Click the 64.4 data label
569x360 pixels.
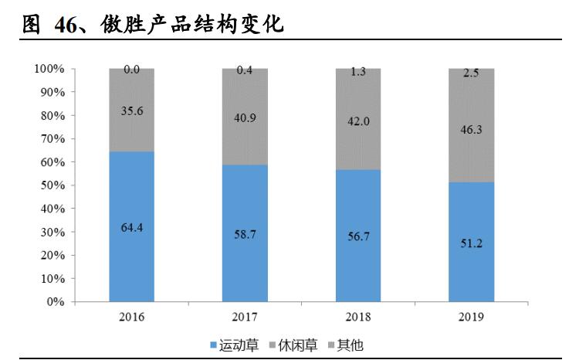point(131,226)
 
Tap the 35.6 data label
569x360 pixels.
point(131,110)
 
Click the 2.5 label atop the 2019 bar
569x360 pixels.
point(472,73)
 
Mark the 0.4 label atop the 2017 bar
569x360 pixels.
point(245,70)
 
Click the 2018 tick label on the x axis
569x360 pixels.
point(358,317)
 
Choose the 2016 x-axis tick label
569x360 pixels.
point(131,317)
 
